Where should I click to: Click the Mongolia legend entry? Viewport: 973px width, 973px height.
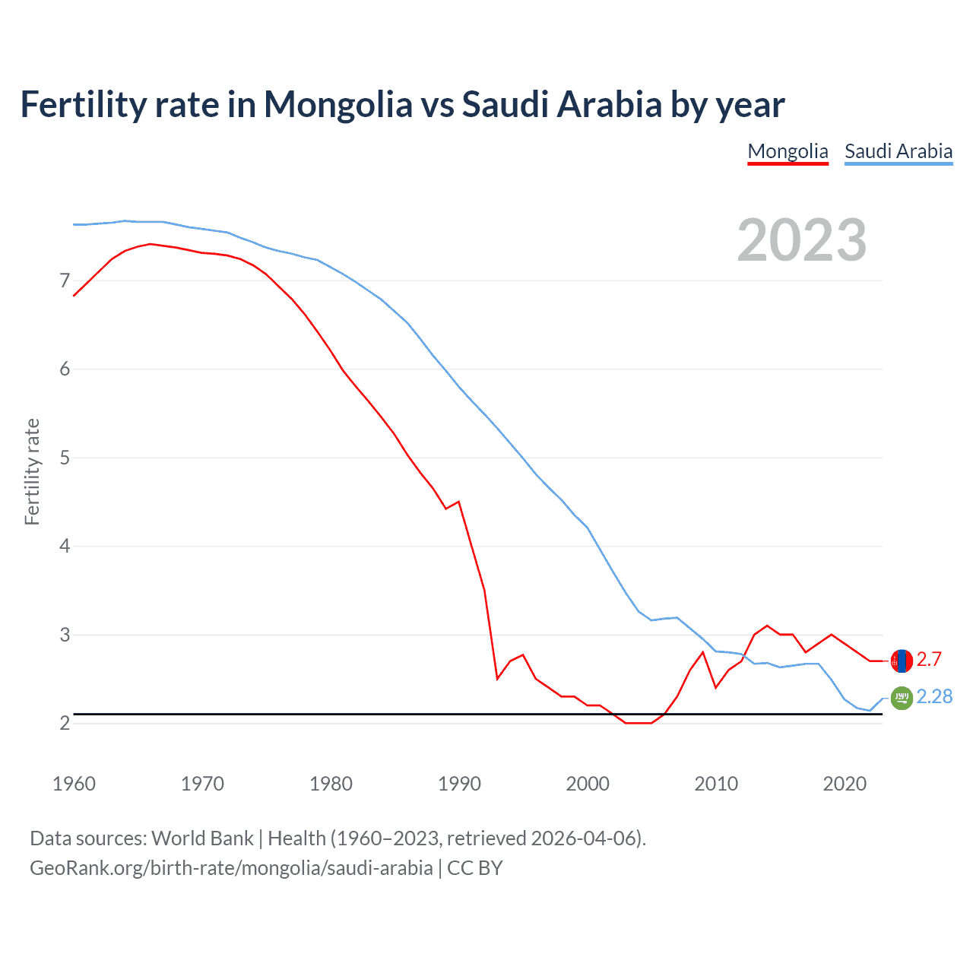[788, 151]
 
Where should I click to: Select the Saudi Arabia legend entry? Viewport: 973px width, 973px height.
[899, 151]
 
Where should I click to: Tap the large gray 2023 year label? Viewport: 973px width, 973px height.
[802, 240]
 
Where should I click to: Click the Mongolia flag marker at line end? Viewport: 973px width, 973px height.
[902, 661]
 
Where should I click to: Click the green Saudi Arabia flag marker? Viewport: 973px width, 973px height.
[902, 698]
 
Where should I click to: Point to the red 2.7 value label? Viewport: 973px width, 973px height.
[929, 659]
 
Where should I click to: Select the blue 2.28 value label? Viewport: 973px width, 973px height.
[934, 696]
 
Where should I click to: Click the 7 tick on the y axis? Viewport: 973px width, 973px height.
[65, 281]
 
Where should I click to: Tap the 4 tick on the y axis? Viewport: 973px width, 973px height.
[65, 546]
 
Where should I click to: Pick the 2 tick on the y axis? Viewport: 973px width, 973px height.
[65, 723]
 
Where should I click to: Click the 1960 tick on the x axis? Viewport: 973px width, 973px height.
[74, 784]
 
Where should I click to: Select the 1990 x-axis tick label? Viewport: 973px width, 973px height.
[459, 784]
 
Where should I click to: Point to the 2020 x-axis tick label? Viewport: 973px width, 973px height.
[845, 784]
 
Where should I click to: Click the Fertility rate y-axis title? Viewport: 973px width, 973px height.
[32, 471]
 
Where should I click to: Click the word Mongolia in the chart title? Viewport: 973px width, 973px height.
[338, 104]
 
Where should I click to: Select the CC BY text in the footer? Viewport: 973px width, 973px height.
[475, 868]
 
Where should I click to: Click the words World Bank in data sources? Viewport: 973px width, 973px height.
[202, 838]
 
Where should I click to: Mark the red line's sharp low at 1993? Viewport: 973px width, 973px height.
[497, 678]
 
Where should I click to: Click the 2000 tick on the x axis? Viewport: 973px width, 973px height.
[588, 784]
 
